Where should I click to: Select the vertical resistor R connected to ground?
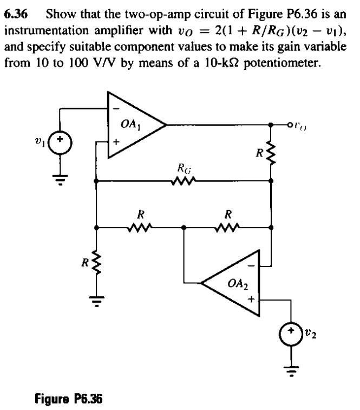[96, 262]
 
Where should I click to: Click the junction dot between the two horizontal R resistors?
[184, 228]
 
